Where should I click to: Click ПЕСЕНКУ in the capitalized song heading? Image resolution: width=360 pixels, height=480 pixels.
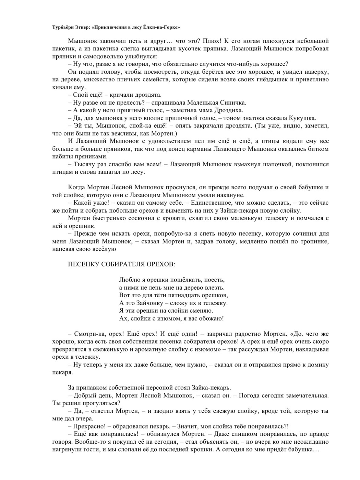pos(83,264)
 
